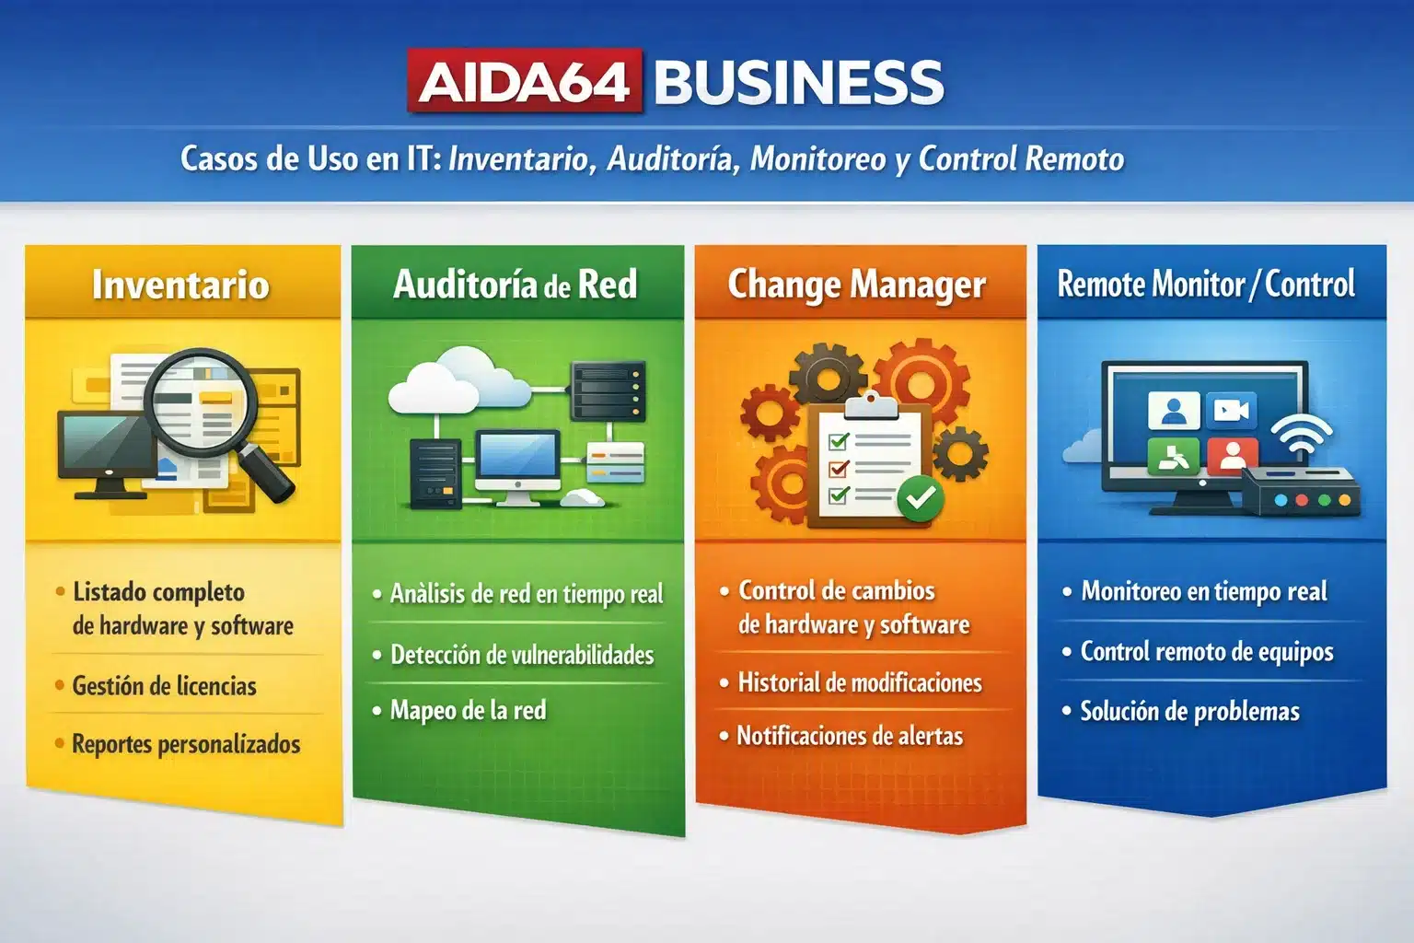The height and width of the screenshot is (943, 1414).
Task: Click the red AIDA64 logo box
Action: [525, 81]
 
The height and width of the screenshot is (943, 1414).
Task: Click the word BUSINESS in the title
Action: [798, 82]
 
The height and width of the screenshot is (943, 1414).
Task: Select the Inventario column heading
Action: [180, 284]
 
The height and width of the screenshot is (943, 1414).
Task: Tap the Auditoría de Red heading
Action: [516, 284]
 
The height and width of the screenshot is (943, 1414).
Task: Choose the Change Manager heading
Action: [857, 284]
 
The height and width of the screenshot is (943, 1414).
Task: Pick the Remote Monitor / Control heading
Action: [1206, 284]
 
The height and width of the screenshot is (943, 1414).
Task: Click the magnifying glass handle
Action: [271, 475]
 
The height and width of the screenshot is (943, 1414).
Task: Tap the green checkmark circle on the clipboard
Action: [920, 498]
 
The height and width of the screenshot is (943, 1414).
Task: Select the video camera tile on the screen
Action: [1231, 410]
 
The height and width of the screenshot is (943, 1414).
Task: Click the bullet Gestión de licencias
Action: [164, 686]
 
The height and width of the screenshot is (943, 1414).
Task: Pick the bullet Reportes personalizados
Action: [186, 744]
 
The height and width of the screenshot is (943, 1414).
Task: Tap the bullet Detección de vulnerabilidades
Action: [522, 655]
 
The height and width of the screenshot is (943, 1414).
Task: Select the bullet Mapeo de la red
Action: [468, 710]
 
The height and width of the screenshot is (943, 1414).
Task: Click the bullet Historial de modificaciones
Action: [860, 682]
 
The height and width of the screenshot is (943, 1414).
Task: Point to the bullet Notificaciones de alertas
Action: [850, 736]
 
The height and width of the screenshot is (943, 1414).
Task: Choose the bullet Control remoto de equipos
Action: [1206, 652]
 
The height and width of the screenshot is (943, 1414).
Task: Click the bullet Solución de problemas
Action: [1189, 711]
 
